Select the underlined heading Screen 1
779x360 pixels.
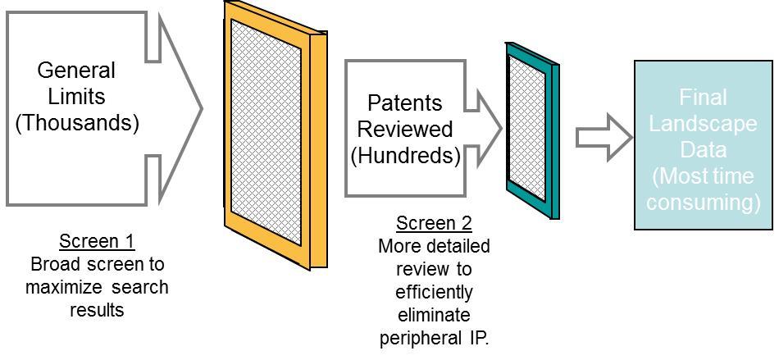tap(97, 242)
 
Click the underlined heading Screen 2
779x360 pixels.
tap(434, 224)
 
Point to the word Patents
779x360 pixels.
tap(404, 103)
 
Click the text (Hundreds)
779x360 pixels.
tap(405, 156)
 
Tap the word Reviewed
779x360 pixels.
tap(404, 130)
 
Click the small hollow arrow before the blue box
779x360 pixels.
tap(603, 138)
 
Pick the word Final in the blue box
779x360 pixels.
tap(703, 98)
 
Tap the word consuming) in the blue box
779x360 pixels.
tap(703, 202)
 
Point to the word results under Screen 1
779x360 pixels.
tap(97, 310)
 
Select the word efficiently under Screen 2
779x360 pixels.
tap(434, 292)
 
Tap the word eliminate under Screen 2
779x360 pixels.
tap(434, 315)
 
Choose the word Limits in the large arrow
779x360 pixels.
tap(76, 97)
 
